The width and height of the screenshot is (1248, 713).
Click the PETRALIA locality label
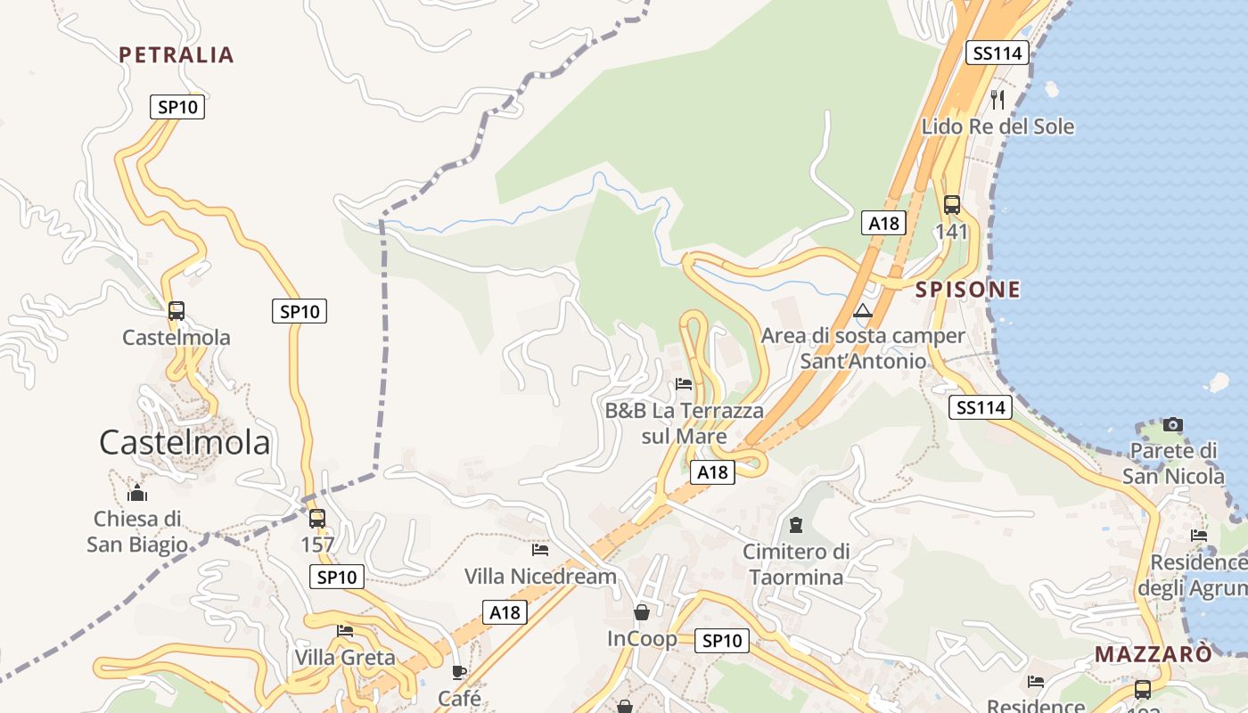coord(177,55)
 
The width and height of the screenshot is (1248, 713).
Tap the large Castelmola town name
coord(185,442)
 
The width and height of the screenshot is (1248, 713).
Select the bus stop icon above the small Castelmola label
coord(177,311)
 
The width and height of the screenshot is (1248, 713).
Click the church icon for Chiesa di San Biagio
coord(137,493)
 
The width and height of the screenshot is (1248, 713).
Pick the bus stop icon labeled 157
coord(316,519)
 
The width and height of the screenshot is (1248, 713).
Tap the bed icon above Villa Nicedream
coord(540,550)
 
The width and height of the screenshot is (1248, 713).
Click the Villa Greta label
coord(345,658)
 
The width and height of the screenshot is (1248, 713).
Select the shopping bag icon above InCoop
coord(641,612)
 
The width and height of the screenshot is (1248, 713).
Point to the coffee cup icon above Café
coord(459,672)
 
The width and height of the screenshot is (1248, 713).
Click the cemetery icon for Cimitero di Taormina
coord(796,525)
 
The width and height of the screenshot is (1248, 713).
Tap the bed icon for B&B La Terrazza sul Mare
coord(684,384)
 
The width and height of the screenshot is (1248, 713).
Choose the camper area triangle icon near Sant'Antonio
coord(862,311)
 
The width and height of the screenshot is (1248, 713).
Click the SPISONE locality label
coord(968,290)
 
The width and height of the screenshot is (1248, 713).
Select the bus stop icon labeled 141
coord(951,205)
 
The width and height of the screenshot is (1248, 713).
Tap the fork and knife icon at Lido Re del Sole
coord(998,99)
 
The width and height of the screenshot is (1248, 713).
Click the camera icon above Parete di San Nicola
coord(1173,424)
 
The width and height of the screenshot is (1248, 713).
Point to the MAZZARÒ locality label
coord(1154,654)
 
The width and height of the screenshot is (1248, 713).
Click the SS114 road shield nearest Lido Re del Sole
coord(997,53)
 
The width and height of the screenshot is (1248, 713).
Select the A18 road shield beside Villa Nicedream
coord(505,612)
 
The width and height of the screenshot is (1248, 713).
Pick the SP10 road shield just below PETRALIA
coord(177,108)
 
